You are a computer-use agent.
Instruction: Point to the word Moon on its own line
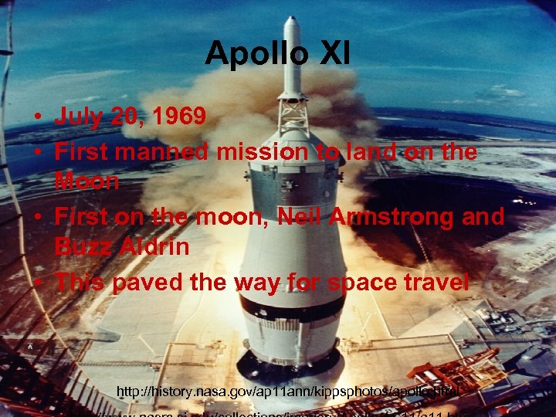pyautogui.click(x=86, y=182)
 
